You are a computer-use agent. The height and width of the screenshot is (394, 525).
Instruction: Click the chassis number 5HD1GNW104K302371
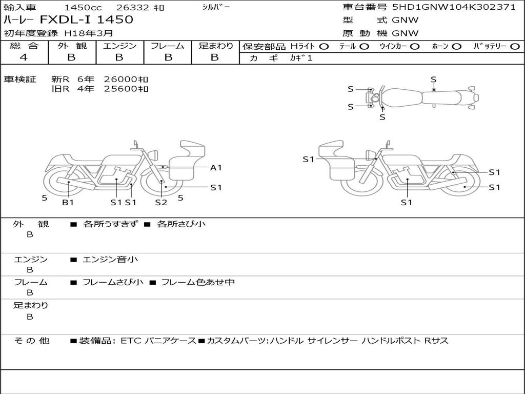[x=454, y=7]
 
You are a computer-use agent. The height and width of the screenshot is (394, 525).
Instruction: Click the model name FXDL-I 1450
[x=86, y=19]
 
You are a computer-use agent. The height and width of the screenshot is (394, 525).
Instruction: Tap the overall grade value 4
[x=24, y=57]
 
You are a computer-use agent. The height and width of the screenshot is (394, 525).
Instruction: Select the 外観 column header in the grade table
[x=72, y=46]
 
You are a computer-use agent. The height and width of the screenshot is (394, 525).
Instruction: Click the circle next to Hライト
[x=324, y=47]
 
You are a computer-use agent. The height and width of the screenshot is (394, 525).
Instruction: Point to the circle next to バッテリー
[x=515, y=47]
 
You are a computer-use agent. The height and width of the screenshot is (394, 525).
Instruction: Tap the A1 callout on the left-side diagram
[x=216, y=168]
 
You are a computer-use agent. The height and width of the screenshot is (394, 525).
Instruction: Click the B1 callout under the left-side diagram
[x=68, y=202]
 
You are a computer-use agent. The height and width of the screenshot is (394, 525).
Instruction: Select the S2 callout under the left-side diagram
[x=161, y=202]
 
